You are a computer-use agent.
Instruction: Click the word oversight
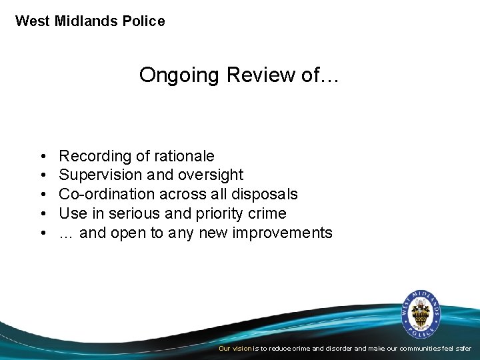click(x=211, y=175)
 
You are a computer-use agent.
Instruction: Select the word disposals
click(x=267, y=195)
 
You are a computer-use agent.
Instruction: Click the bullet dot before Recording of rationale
click(x=43, y=157)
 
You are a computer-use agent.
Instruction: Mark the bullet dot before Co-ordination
click(x=43, y=195)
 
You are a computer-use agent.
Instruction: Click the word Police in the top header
click(x=143, y=21)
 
